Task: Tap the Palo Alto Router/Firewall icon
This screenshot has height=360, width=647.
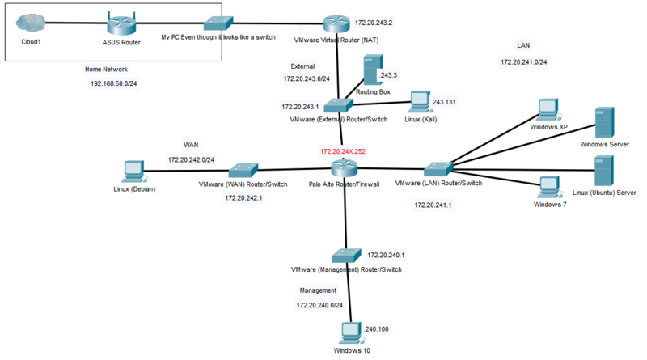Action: pyautogui.click(x=344, y=168)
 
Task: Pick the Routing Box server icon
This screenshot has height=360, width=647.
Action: pyautogui.click(x=372, y=71)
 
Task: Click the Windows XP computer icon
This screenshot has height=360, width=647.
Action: pyautogui.click(x=548, y=109)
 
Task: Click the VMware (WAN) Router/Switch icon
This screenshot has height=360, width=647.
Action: pyautogui.click(x=242, y=170)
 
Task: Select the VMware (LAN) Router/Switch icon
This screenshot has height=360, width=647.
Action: pyautogui.click(x=438, y=169)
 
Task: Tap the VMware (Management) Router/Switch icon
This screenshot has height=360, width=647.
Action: pyautogui.click(x=345, y=253)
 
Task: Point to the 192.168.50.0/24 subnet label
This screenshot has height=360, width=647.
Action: pyautogui.click(x=112, y=83)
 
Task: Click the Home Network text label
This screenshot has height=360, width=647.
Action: pyautogui.click(x=106, y=69)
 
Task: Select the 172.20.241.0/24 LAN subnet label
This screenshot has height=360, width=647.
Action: pyautogui.click(x=523, y=61)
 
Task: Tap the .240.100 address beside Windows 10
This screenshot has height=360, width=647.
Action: pyautogui.click(x=376, y=329)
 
